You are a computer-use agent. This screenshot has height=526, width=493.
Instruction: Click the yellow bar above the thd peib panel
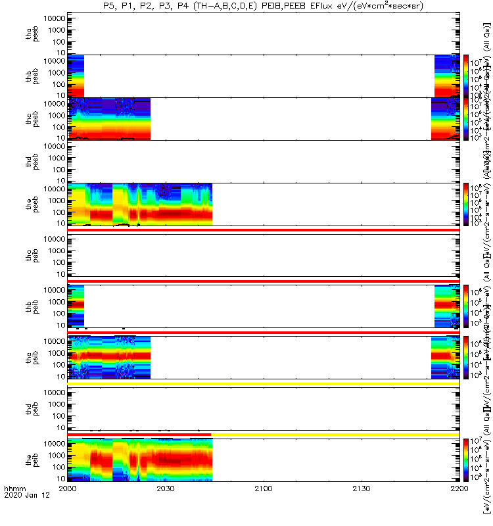click(x=263, y=383)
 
